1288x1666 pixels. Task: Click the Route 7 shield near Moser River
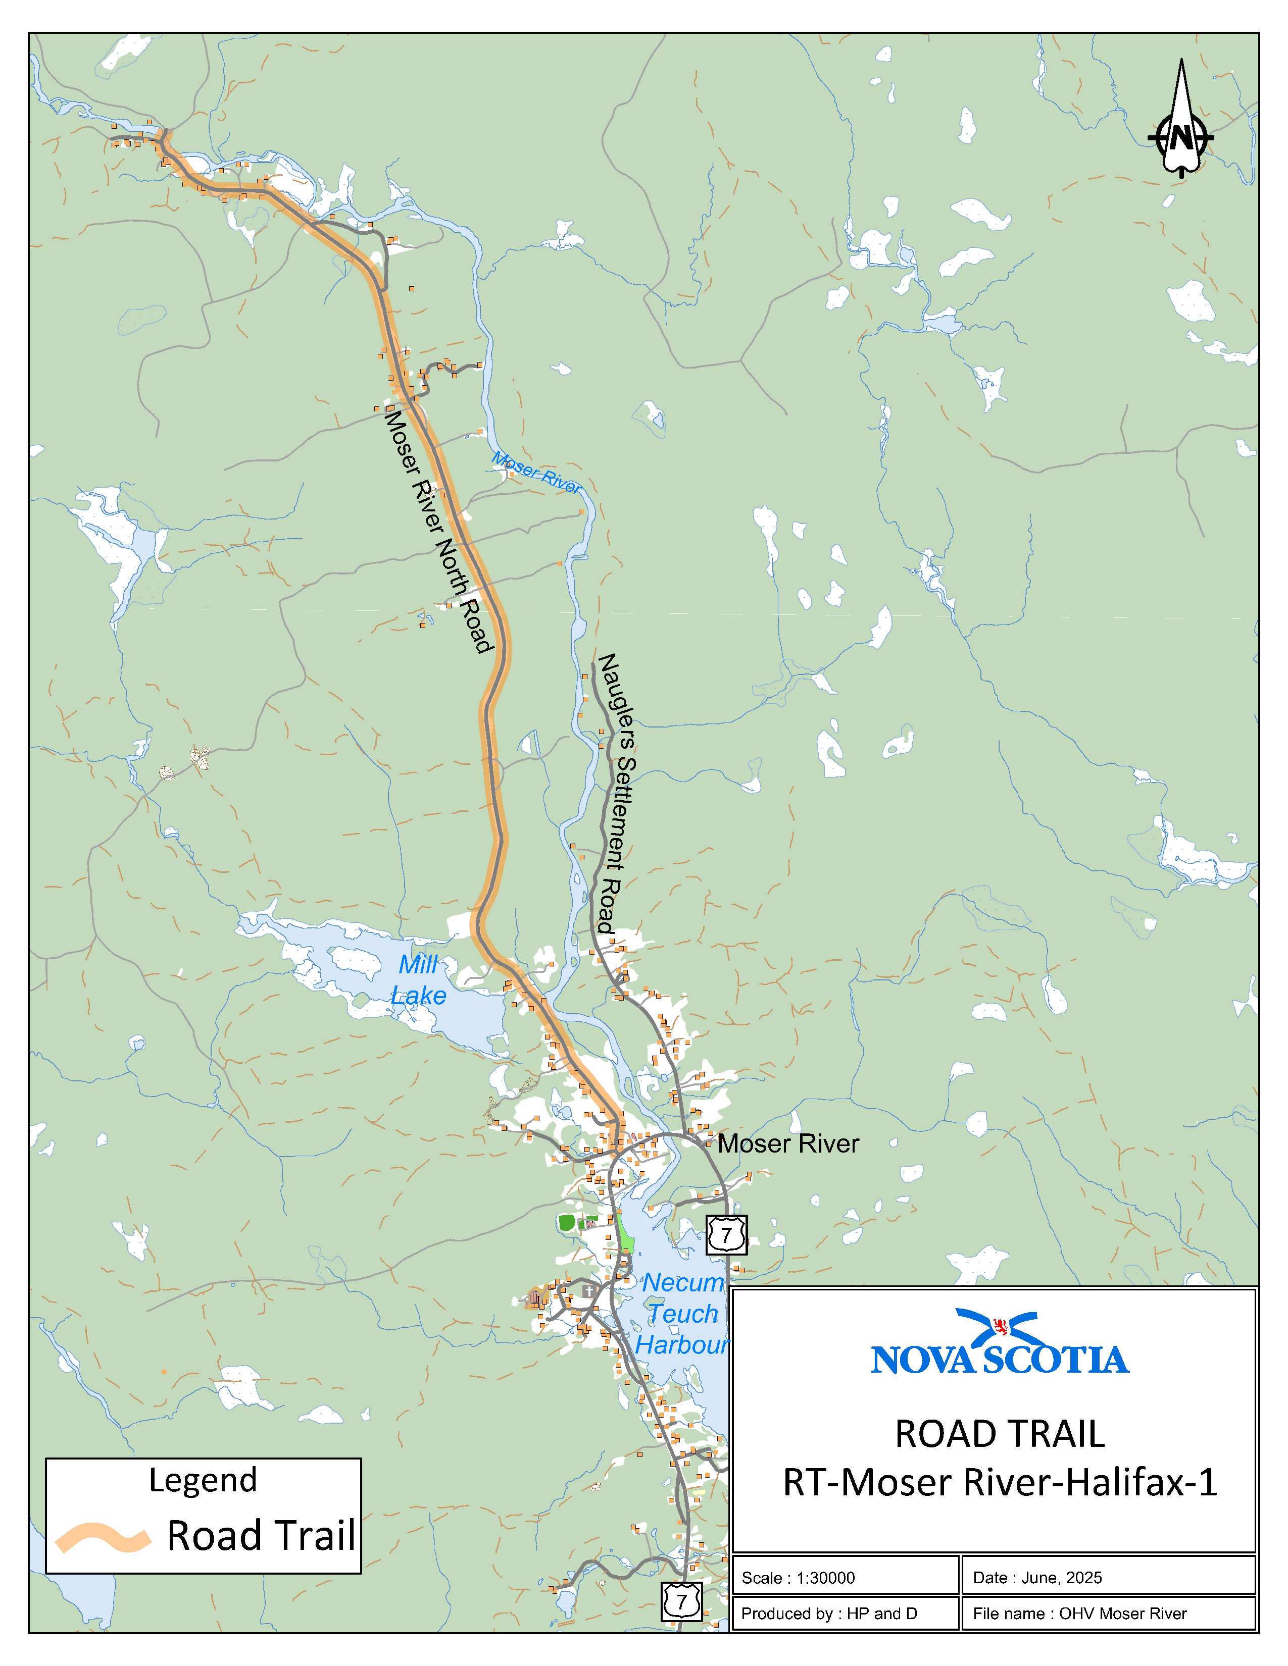point(726,1234)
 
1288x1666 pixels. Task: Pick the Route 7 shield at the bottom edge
point(681,1602)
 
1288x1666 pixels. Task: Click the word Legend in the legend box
point(203,1479)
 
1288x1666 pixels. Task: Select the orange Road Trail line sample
point(102,1538)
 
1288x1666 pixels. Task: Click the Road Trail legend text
point(261,1536)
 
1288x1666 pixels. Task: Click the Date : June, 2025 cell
point(1108,1578)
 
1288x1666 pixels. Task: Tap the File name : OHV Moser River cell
point(1108,1613)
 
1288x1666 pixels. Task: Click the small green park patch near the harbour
point(566,1223)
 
